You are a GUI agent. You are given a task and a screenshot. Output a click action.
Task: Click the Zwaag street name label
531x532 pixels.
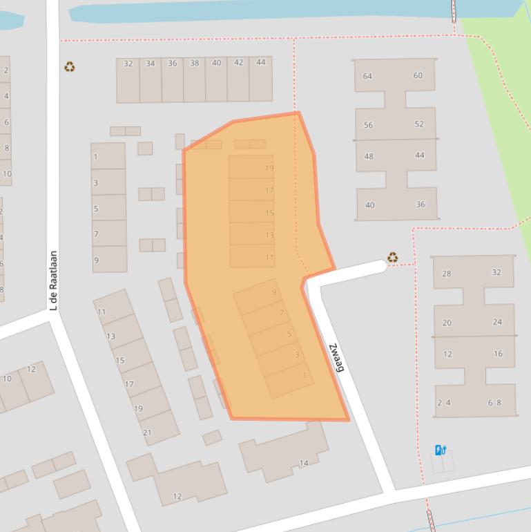tap(336, 357)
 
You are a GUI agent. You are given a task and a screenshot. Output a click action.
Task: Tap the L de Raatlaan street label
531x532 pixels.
tap(53, 280)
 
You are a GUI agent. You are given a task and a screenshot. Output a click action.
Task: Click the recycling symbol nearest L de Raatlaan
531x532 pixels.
tap(69, 67)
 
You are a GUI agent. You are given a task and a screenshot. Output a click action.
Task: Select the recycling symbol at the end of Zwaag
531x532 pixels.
tap(392, 258)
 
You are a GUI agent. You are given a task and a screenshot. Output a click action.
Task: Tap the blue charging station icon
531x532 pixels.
tap(440, 450)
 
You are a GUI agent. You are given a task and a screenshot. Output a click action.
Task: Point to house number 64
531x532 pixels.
tap(367, 76)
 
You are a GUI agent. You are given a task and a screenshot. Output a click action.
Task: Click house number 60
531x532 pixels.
tap(418, 75)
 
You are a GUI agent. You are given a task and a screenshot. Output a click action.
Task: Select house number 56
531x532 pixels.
tap(368, 125)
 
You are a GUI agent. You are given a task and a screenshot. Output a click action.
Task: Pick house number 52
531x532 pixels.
tap(419, 124)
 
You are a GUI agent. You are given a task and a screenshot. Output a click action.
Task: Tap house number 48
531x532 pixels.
tap(369, 156)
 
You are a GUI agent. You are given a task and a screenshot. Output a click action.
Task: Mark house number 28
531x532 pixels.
tap(446, 274)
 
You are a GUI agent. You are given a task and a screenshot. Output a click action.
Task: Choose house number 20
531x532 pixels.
tap(447, 323)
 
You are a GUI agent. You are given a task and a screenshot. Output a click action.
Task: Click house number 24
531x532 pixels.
tap(497, 322)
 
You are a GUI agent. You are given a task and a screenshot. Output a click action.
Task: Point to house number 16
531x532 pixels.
tap(498, 354)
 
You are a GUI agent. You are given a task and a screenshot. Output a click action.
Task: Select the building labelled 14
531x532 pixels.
tap(303, 463)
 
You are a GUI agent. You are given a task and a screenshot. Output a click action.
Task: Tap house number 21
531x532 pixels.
tap(147, 433)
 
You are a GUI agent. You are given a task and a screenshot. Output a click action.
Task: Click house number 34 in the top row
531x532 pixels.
tap(150, 64)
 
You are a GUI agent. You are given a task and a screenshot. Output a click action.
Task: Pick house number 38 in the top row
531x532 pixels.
tap(194, 64)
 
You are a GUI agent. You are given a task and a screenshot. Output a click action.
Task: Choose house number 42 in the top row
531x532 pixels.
tap(238, 63)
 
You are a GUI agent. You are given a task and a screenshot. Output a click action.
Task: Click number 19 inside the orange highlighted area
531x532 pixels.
tap(269, 168)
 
